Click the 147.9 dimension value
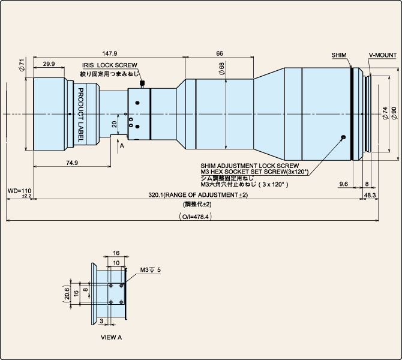click(x=109, y=53)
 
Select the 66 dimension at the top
click(x=220, y=53)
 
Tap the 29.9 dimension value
click(x=49, y=64)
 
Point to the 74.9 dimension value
click(x=72, y=163)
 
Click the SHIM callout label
click(x=339, y=55)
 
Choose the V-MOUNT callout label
click(x=383, y=55)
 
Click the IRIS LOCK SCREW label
click(x=109, y=65)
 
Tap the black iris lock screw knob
click(x=142, y=83)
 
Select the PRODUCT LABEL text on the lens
click(x=80, y=115)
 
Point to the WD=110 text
click(x=19, y=191)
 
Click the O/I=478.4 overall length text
click(x=196, y=217)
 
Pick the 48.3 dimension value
click(x=370, y=195)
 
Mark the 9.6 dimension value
click(x=344, y=184)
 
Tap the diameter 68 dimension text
click(x=221, y=68)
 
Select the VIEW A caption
click(x=111, y=337)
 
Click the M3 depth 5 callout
click(x=150, y=270)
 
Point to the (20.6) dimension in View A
click(x=67, y=293)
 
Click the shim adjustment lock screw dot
click(x=344, y=137)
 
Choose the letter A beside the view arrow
click(x=122, y=146)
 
